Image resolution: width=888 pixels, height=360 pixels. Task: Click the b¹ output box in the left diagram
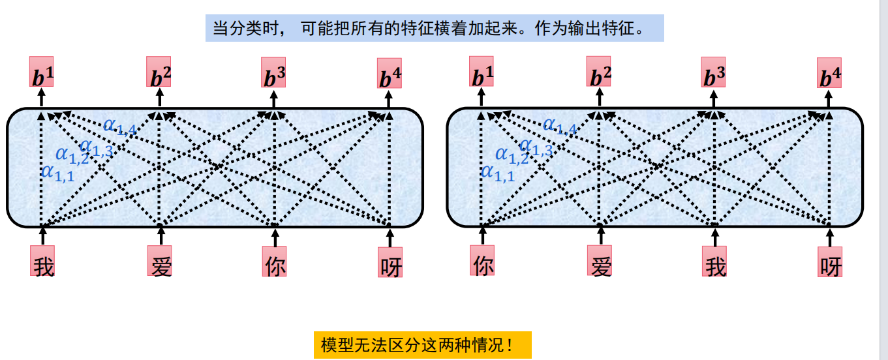click(42, 72)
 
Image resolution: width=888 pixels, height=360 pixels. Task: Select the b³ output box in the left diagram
click(273, 73)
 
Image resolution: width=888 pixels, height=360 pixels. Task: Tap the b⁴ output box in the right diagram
click(829, 73)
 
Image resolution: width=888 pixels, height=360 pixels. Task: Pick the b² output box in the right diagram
click(599, 72)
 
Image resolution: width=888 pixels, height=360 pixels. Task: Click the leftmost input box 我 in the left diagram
click(43, 261)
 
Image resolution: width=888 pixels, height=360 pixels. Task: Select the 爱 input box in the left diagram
click(160, 262)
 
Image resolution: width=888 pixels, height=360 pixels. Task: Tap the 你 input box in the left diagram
click(275, 262)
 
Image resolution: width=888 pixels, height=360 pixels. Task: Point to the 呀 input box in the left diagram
click(390, 262)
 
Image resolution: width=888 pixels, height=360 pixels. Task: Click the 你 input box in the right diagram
click(482, 261)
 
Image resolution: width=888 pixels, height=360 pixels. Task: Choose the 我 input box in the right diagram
click(714, 262)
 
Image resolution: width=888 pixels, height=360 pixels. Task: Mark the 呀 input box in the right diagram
click(829, 262)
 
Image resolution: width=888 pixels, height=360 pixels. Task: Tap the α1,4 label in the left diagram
click(119, 126)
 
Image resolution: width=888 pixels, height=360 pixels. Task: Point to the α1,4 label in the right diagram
click(560, 126)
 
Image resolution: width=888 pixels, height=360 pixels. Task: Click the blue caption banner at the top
click(434, 29)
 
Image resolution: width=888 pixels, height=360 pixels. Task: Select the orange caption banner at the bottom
click(422, 344)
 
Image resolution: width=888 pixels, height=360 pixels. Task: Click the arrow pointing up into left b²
click(159, 98)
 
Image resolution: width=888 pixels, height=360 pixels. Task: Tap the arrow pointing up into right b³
click(714, 98)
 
